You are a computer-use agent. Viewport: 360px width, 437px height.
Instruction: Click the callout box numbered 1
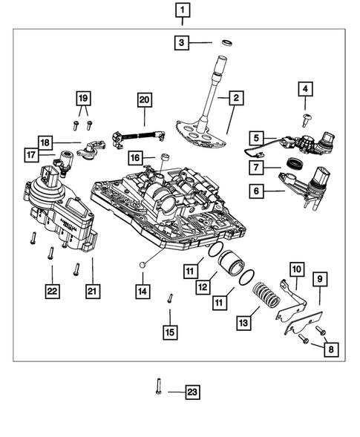[182, 10]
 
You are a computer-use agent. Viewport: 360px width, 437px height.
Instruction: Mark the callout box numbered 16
[136, 158]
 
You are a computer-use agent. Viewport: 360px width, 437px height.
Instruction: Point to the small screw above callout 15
[170, 299]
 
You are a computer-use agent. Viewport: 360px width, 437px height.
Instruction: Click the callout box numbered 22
[51, 293]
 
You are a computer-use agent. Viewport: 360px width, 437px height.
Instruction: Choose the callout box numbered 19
[83, 97]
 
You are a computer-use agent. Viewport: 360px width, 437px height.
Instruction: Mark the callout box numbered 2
[235, 97]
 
